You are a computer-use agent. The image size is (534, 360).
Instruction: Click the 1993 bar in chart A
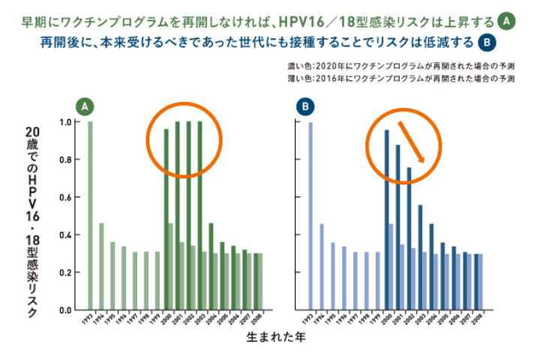pos(91,215)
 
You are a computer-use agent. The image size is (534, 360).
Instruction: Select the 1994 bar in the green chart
pos(102,266)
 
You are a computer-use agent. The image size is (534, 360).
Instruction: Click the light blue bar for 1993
pos(310,215)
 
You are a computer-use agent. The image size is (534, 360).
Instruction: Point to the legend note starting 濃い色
pos(399,65)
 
